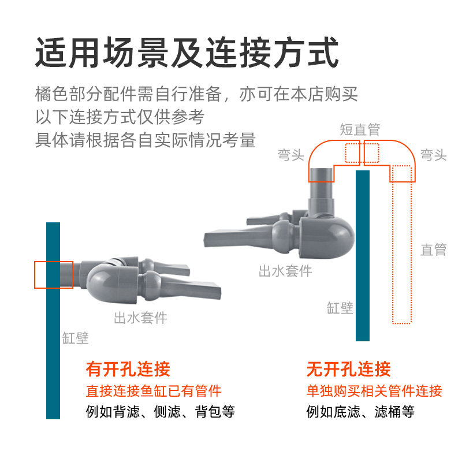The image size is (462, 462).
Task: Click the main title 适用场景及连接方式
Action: [x=186, y=53]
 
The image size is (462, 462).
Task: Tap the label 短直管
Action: [x=360, y=129]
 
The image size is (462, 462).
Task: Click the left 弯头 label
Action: [x=290, y=155]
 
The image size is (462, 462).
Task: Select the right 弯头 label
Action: [x=433, y=155]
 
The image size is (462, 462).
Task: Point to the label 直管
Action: [x=433, y=249]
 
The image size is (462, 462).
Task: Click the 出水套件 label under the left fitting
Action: [x=140, y=317]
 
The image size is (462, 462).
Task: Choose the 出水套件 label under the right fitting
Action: [x=285, y=271]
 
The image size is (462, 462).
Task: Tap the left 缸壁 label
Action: [x=75, y=338]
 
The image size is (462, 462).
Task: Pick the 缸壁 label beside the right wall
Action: [x=340, y=307]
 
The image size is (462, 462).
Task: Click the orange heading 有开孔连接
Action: [x=128, y=369]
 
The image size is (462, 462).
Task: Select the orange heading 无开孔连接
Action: [x=348, y=369]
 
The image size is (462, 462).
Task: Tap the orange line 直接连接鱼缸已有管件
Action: [x=153, y=391]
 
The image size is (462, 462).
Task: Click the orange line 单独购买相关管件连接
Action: [x=374, y=391]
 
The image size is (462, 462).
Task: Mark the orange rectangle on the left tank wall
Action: [x=54, y=275]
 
